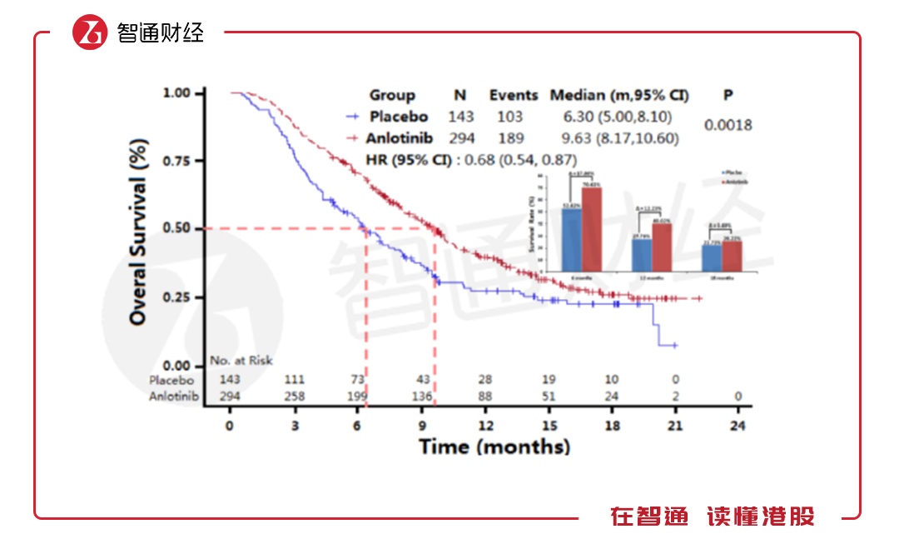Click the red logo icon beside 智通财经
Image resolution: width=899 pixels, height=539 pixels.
point(90,32)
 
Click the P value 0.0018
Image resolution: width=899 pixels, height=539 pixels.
point(728,125)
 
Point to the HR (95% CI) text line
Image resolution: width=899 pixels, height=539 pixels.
point(471,159)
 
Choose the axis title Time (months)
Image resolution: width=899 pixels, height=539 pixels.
point(494,447)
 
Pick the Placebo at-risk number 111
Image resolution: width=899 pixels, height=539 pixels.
point(294,380)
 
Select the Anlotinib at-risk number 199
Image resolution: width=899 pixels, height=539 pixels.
point(358,397)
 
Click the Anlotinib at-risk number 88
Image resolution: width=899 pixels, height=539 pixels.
point(484,397)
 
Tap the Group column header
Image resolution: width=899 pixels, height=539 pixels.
point(391,95)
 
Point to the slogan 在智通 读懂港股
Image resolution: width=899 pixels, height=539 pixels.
point(712,517)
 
